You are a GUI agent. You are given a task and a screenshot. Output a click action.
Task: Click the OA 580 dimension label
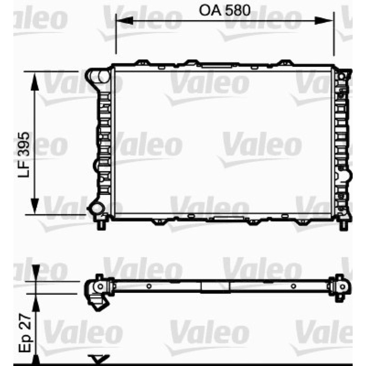click(224, 10)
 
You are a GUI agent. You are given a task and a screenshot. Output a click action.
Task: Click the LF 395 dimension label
click(24, 155)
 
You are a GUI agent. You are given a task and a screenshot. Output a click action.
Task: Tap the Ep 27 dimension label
click(25, 333)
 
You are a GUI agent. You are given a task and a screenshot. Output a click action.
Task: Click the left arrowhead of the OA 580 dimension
click(124, 21)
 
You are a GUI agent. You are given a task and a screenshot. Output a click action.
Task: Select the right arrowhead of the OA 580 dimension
click(324, 21)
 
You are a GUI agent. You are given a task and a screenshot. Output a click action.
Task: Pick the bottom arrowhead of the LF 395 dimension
click(35, 205)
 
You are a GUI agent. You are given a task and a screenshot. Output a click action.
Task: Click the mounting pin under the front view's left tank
click(101, 224)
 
